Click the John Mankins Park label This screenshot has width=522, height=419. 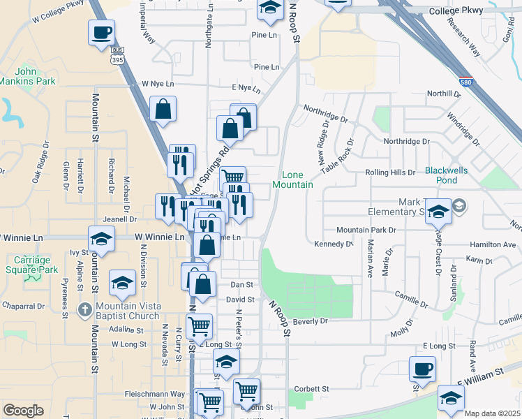click(x=35, y=76)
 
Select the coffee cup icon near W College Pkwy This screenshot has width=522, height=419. click(x=101, y=32)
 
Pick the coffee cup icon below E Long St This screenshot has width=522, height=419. click(x=422, y=369)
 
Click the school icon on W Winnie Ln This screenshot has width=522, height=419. click(x=101, y=239)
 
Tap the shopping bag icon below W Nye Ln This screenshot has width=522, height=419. click(x=163, y=110)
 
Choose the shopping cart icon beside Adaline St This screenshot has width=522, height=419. click(x=199, y=325)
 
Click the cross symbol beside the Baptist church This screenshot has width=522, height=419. click(x=84, y=308)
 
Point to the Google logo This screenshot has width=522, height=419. click(x=23, y=411)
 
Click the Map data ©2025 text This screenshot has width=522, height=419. click(x=492, y=413)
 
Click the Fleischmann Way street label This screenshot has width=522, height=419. click(x=155, y=394)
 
